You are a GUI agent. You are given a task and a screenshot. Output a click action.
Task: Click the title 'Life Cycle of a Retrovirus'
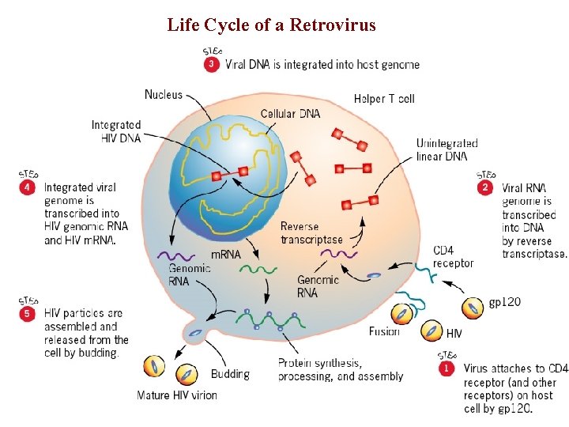pyautogui.click(x=271, y=25)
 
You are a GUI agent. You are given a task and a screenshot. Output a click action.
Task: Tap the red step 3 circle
pyautogui.click(x=212, y=65)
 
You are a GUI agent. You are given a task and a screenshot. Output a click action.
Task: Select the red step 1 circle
pyautogui.click(x=447, y=368)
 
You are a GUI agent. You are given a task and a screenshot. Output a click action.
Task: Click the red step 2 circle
pyautogui.click(x=485, y=187)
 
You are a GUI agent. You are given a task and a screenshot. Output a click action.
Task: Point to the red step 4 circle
pyautogui.click(x=28, y=187)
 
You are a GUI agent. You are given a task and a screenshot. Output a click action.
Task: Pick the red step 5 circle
pyautogui.click(x=28, y=313)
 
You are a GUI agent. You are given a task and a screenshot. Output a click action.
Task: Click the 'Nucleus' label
pyautogui.click(x=163, y=95)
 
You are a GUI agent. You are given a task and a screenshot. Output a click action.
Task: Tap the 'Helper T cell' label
pyautogui.click(x=384, y=99)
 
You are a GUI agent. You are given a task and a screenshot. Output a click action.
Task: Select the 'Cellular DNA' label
pyautogui.click(x=290, y=114)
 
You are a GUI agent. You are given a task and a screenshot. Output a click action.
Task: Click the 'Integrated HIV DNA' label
pyautogui.click(x=116, y=131)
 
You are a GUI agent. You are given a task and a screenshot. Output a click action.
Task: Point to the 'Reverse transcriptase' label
pyautogui.click(x=311, y=233)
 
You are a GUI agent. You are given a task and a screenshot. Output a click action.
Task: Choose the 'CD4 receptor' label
pyautogui.click(x=454, y=257)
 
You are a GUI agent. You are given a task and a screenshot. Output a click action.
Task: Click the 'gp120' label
pyautogui.click(x=504, y=302)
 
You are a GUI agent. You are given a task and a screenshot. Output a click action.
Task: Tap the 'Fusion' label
pyautogui.click(x=383, y=331)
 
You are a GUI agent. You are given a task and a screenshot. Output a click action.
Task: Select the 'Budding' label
pyautogui.click(x=230, y=374)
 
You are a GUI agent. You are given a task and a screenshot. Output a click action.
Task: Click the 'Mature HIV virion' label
pyautogui.click(x=177, y=395)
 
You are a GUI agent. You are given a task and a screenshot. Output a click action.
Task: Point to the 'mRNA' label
pyautogui.click(x=225, y=255)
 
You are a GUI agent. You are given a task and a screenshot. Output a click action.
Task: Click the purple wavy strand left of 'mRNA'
pyautogui.click(x=176, y=256)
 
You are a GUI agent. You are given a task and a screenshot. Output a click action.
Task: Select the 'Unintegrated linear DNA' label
pyautogui.click(x=447, y=150)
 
